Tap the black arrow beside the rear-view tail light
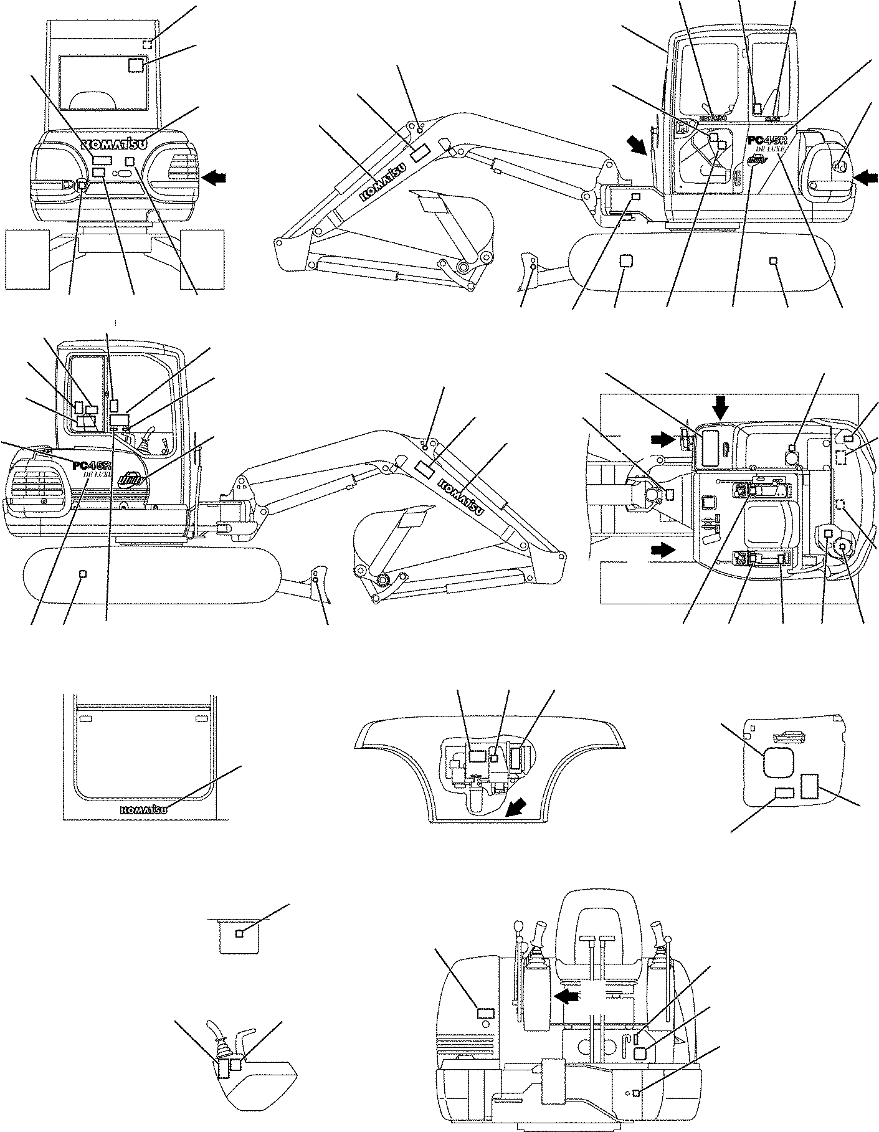[x=214, y=178]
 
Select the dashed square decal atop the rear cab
[x=147, y=44]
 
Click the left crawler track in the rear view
[x=27, y=258]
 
